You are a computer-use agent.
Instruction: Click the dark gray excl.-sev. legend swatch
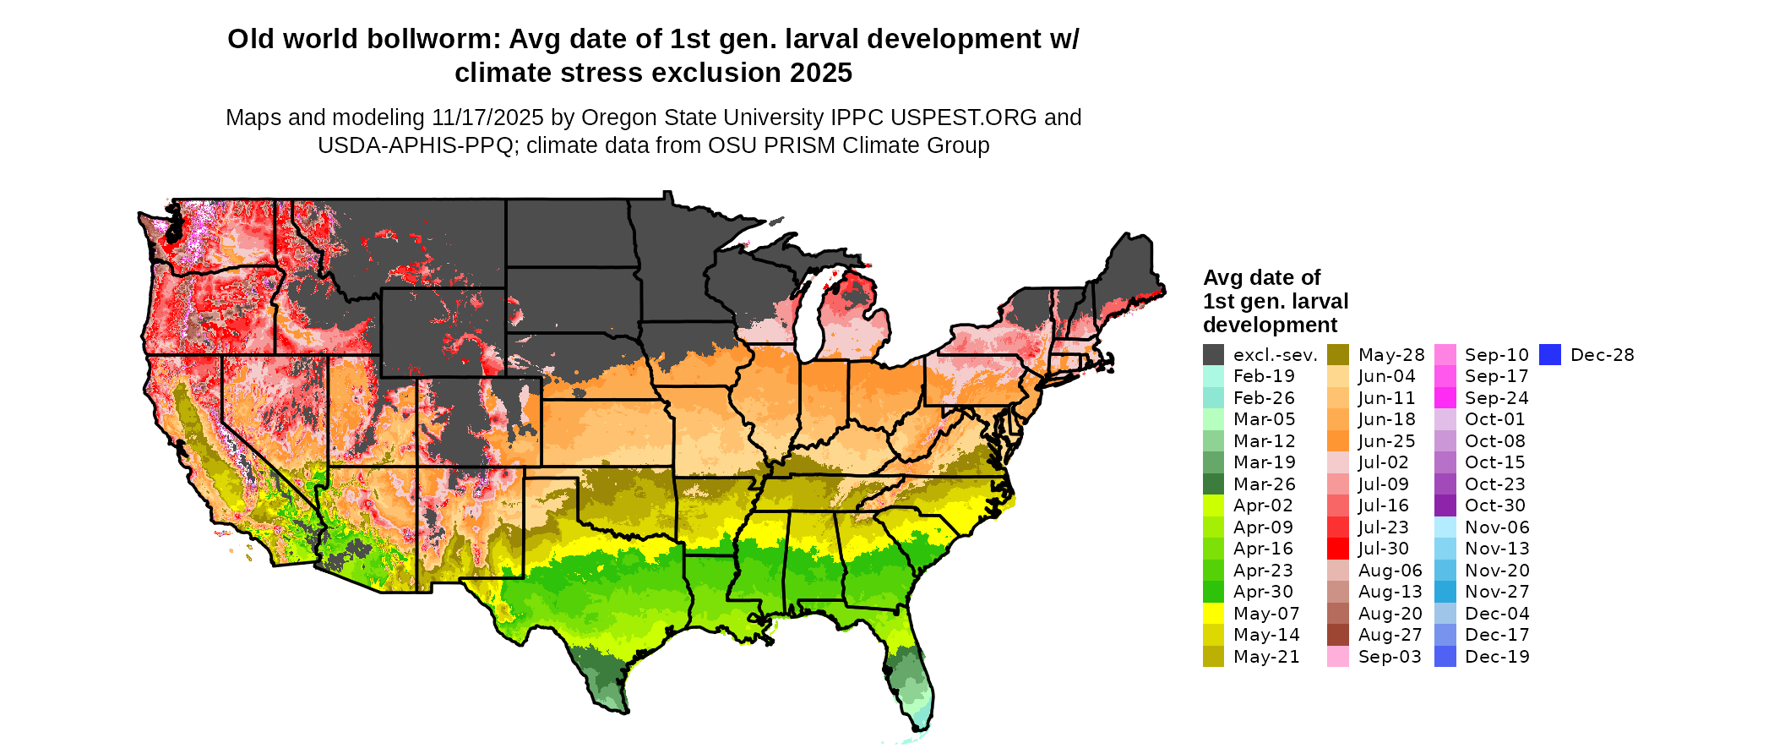1213,355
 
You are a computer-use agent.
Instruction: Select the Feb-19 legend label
1264,376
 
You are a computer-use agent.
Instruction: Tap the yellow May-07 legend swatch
1213,614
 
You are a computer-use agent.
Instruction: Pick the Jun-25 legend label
1386,441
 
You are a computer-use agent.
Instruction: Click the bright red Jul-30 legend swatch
1337,549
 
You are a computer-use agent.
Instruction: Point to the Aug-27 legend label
1390,635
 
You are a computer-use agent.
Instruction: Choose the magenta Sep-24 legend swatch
1445,398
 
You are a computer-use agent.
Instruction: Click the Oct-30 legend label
1494,505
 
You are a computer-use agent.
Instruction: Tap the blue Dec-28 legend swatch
1549,355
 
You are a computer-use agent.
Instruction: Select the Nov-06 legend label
1497,527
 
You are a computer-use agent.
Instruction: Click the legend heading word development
1270,325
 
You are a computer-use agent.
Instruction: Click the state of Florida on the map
908,668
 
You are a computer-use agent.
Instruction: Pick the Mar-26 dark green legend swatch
1213,484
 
